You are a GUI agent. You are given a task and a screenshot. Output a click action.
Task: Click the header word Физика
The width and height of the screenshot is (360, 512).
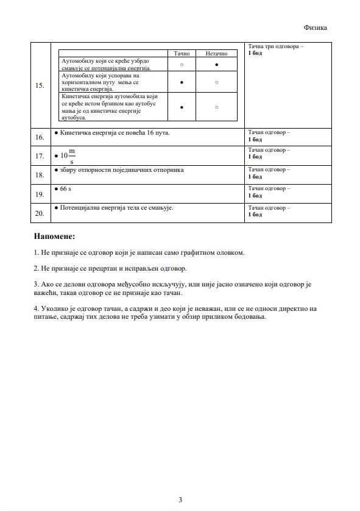315,27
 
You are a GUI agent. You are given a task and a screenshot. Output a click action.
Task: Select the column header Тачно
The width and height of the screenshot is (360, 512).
182,54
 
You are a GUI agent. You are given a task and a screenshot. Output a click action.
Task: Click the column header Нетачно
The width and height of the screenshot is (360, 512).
216,54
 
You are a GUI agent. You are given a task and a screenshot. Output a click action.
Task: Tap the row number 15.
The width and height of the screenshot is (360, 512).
40,85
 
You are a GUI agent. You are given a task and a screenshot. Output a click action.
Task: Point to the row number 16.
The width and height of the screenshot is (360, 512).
40,138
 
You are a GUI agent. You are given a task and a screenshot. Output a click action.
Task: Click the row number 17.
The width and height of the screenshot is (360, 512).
40,156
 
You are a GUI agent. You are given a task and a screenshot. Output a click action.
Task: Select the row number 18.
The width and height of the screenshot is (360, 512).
40,175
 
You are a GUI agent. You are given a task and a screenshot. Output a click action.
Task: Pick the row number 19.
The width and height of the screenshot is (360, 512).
40,194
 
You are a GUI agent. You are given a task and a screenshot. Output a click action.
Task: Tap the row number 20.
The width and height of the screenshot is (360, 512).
40,213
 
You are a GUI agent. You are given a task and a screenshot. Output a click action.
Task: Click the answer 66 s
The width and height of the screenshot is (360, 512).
66,190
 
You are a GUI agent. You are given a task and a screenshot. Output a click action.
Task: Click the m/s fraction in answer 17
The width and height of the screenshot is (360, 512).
72,156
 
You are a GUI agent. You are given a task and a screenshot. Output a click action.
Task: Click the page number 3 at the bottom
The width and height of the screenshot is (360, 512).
180,500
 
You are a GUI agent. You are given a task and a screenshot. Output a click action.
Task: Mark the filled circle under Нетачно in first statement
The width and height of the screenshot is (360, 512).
216,64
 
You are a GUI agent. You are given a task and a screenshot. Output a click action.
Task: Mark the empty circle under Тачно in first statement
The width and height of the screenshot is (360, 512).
182,64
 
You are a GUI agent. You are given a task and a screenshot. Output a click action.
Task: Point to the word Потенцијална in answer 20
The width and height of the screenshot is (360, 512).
82,208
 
